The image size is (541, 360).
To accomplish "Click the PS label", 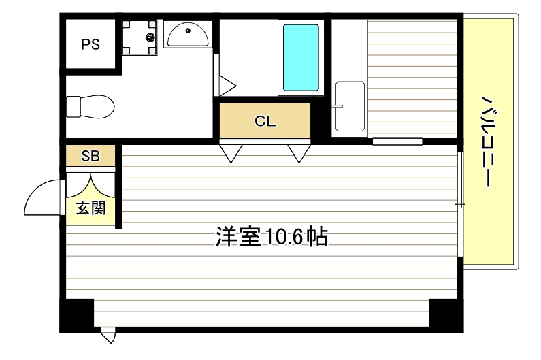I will pos(91,45).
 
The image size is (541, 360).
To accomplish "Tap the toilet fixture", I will pos(90,107).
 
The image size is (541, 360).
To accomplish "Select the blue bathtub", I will pos(300,58).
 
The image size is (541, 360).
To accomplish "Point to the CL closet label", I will pos(265,122).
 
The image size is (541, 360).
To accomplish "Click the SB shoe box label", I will pos(91,156).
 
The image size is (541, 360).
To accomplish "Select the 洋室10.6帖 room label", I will pos(272,237).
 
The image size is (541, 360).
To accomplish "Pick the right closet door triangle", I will pos(298,153).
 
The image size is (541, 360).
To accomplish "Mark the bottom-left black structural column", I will pos(76,314).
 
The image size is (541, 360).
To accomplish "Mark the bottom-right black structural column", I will pos(446,314).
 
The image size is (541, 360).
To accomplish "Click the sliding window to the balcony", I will pos(461,204).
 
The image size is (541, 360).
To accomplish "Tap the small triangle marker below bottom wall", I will pos(108,336).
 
